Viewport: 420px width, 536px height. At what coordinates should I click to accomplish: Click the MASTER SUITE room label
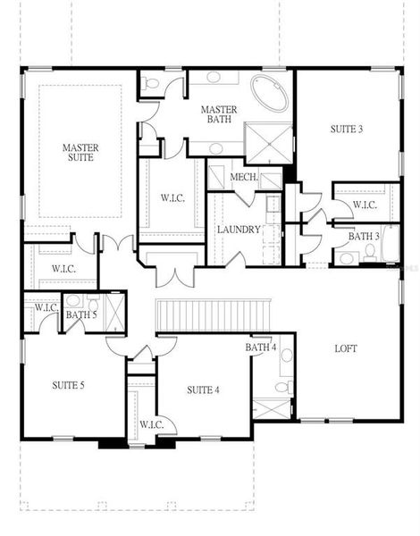tap(80, 152)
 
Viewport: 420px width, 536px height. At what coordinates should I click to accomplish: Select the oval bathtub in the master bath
tap(268, 92)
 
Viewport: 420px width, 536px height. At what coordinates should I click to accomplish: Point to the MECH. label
tap(243, 177)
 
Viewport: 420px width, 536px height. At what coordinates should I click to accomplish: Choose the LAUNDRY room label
tap(239, 230)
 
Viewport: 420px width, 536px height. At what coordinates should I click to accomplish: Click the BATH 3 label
tap(363, 236)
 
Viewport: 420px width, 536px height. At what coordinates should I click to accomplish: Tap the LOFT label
tap(346, 348)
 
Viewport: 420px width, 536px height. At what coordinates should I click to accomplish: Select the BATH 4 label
tap(261, 347)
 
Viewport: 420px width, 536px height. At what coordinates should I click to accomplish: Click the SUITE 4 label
tap(202, 389)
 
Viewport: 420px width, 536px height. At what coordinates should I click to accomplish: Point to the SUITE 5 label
tap(68, 386)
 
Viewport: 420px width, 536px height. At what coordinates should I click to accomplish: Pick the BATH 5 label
tap(81, 314)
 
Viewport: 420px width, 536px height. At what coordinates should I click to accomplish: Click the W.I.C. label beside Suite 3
tap(365, 205)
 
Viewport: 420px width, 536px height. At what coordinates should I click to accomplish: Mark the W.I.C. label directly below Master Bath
tap(172, 197)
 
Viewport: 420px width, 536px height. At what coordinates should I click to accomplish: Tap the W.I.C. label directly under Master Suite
tap(63, 268)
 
